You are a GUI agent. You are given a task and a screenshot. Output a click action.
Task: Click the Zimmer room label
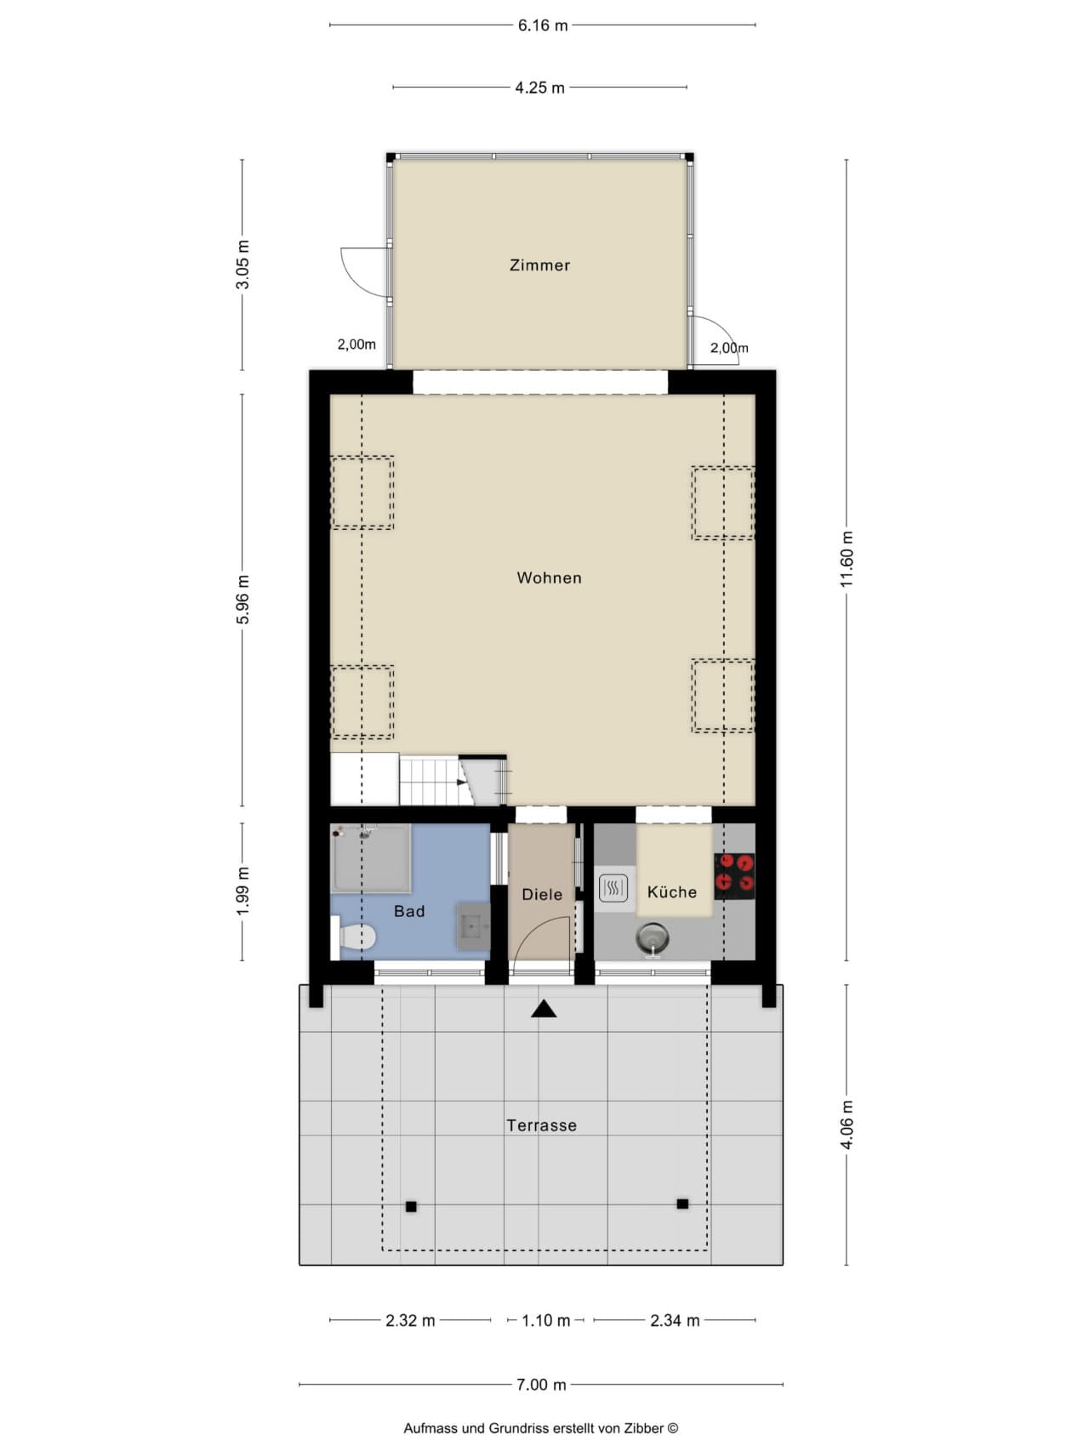click(539, 265)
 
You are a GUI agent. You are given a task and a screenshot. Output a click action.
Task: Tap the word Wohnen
click(550, 578)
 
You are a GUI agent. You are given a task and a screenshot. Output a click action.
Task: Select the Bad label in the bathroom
click(409, 912)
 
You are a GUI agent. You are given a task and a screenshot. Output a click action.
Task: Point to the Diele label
click(542, 895)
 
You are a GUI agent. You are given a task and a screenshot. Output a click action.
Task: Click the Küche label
click(672, 892)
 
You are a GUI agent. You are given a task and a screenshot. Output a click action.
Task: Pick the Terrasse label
click(542, 1126)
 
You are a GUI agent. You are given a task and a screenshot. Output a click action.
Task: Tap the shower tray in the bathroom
click(371, 858)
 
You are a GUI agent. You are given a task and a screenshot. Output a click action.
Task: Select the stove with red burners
click(734, 876)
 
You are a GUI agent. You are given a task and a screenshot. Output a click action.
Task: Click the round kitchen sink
click(652, 939)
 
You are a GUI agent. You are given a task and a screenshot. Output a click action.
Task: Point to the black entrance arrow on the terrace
click(544, 1009)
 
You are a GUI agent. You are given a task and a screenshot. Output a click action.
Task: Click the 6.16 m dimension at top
click(543, 26)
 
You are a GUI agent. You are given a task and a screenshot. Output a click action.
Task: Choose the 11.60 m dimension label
click(847, 559)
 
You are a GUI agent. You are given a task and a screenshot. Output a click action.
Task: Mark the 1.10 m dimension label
click(546, 1321)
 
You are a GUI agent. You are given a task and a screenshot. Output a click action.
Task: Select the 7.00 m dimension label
click(541, 1385)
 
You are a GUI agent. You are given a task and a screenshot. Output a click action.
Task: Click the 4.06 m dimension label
click(847, 1125)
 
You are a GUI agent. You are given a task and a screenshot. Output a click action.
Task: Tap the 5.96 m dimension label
click(243, 600)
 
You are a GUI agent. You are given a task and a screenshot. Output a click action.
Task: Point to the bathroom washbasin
click(474, 926)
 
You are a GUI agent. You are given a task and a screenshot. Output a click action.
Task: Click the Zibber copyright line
click(541, 1429)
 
